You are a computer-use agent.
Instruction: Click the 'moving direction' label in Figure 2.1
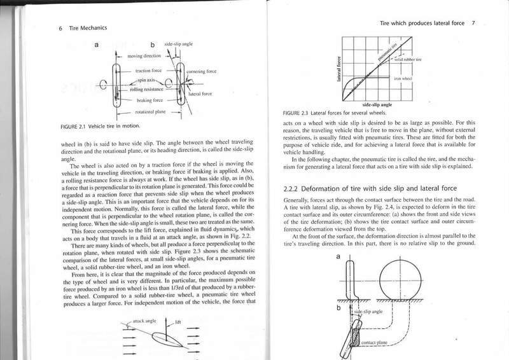tap(144, 57)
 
